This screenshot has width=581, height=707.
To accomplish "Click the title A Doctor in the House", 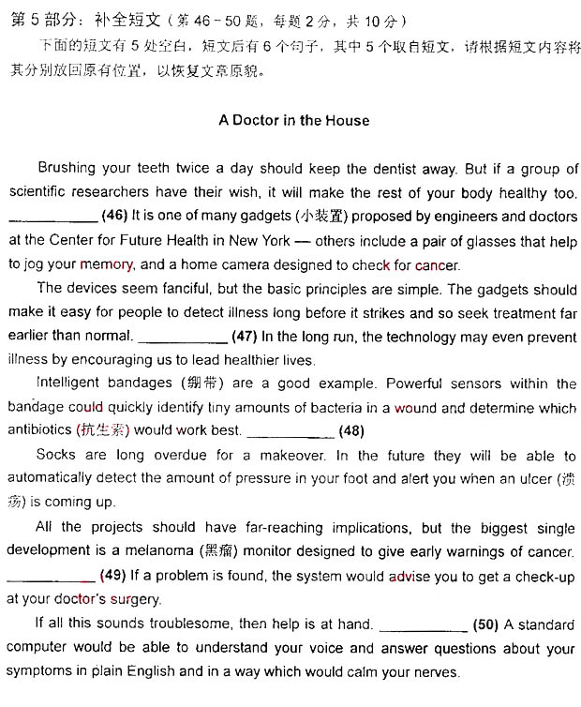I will (x=293, y=121).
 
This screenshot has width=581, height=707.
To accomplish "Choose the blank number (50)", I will (x=485, y=624).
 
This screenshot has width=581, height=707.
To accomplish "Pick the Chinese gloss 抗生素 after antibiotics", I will (x=100, y=431).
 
